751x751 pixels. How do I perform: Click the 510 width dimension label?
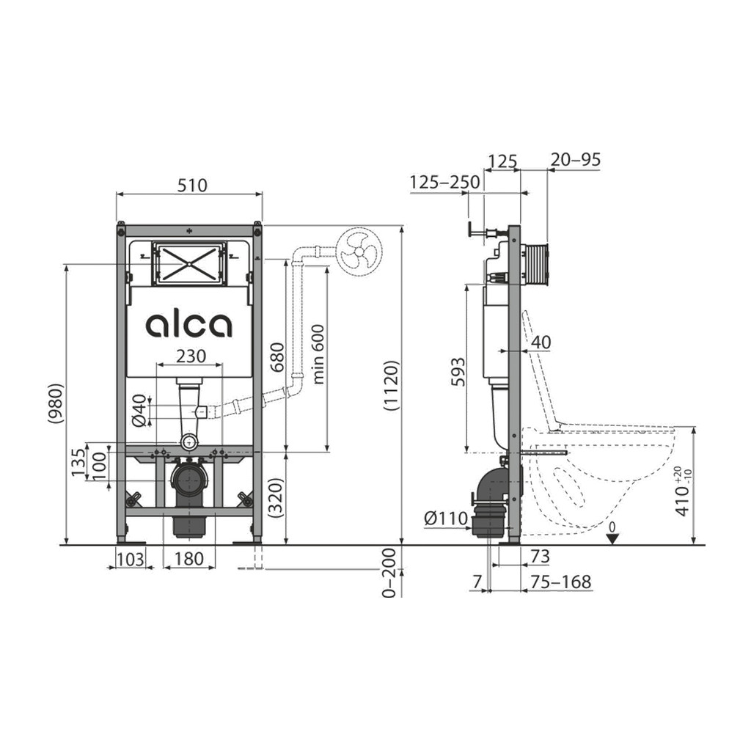(x=192, y=185)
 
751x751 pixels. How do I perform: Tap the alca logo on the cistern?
(x=188, y=325)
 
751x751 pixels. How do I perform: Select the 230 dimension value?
(x=191, y=356)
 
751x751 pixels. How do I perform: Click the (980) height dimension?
(x=55, y=403)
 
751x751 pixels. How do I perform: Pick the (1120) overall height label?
(x=391, y=386)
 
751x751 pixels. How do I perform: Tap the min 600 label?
(x=318, y=354)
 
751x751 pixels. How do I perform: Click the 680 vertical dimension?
(x=276, y=357)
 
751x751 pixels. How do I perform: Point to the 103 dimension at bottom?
(x=131, y=558)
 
